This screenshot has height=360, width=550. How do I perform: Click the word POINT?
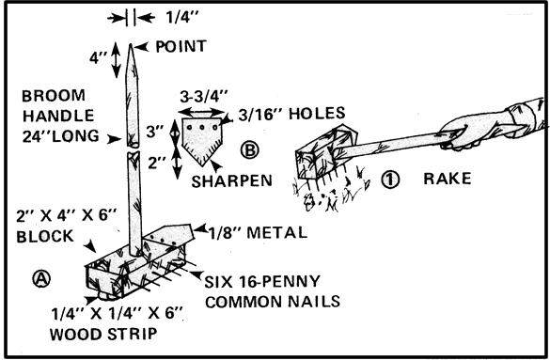pos(181,46)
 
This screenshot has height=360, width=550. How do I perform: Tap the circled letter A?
pos(41,278)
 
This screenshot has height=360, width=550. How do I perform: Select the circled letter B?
pos(250,149)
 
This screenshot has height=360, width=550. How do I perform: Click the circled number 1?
pos(390,180)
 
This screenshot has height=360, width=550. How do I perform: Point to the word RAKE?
pos(448,179)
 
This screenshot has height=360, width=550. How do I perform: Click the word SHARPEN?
pos(232,180)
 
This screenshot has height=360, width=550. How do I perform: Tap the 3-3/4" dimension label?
pos(204,97)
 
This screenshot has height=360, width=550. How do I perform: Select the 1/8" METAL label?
pos(259,233)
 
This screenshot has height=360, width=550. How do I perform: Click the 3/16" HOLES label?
pos(291,114)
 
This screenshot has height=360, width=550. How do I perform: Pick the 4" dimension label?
pos(96,57)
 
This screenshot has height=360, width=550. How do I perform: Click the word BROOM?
pos(54,96)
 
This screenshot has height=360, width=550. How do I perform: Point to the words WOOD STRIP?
pos(103,334)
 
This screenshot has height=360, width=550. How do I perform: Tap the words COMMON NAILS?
pos(273,302)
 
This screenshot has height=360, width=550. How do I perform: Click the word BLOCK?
pos(45,237)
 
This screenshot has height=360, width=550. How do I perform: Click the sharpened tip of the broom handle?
pos(131,44)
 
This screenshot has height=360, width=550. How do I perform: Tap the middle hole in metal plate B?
pos(202,127)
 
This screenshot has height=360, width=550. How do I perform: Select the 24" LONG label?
pos(61,136)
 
